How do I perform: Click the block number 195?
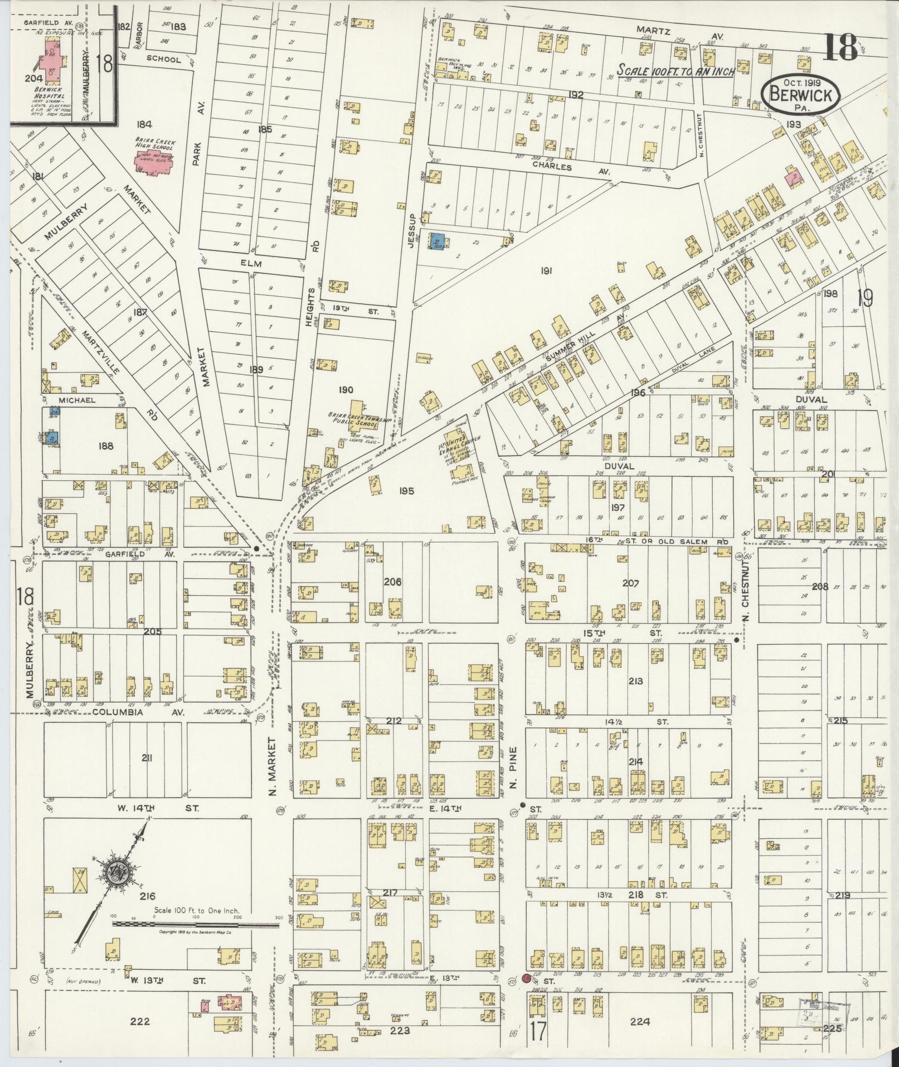[406, 491]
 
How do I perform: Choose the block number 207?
[630, 583]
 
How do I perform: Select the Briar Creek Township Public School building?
[357, 413]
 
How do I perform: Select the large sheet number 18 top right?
[840, 47]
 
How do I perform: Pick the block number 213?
[635, 681]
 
